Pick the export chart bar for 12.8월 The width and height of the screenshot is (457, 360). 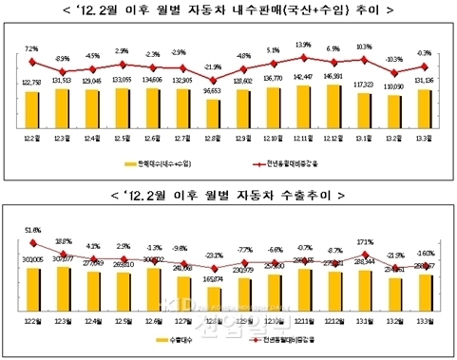click(x=215, y=300)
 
